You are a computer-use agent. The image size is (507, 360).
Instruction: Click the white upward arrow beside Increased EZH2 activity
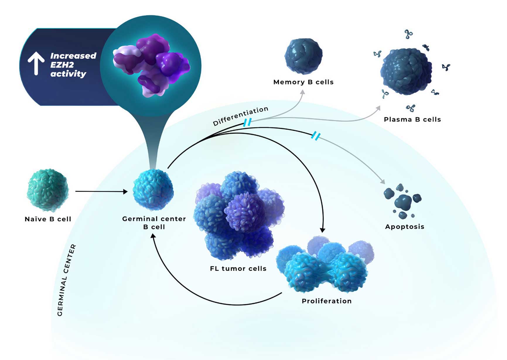pos(36,63)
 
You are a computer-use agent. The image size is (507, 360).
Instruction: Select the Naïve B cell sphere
pos(48,190)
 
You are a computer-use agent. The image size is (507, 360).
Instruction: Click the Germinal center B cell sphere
pos(153,190)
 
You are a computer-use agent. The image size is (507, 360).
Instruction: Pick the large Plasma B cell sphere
pos(406,72)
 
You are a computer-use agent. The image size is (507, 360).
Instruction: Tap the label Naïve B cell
pos(48,219)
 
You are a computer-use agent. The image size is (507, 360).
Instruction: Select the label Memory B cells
pos(303,82)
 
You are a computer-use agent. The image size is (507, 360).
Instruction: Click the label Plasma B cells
pos(412,120)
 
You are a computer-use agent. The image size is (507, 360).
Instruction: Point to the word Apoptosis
pos(404,227)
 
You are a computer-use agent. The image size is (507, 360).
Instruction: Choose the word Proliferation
pos(327,301)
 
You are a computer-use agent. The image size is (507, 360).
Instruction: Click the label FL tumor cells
pos(238,269)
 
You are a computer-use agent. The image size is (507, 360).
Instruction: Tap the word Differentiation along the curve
pos(240,116)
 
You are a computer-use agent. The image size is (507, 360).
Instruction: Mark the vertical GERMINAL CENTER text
pos(66,280)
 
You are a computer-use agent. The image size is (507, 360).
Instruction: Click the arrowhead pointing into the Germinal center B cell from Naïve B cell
pos(126,192)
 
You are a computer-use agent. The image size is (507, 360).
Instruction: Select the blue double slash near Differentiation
pos(247,122)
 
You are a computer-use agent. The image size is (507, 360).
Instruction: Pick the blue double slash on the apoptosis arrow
pos(316,136)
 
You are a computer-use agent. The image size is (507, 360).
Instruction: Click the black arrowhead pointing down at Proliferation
pos(322,230)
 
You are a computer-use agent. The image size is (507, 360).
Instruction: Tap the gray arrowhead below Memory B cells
pos(303,92)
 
